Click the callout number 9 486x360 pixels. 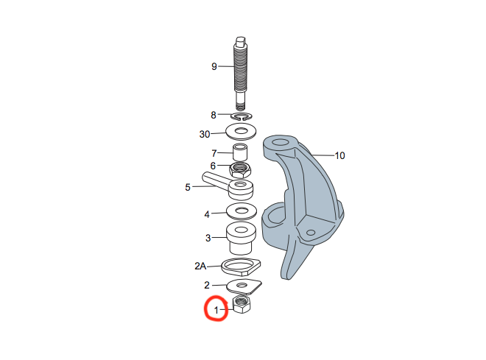click(x=214, y=66)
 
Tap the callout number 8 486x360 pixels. click(x=214, y=116)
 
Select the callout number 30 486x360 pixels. click(x=205, y=134)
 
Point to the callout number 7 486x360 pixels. click(x=214, y=153)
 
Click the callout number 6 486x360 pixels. click(x=213, y=166)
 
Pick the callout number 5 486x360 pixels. click(x=188, y=188)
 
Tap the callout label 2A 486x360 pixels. click(x=200, y=266)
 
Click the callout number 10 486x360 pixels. click(x=340, y=155)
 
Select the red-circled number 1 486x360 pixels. click(x=216, y=310)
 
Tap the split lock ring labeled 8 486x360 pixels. click(x=242, y=116)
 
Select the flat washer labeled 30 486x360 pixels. click(x=241, y=131)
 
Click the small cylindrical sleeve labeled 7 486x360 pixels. click(x=240, y=152)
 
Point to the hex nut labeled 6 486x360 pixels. click(x=240, y=170)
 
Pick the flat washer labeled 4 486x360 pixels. click(x=241, y=211)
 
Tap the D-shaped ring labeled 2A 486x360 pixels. click(x=241, y=267)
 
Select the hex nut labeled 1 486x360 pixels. click(x=242, y=305)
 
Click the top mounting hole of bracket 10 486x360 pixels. click(x=281, y=143)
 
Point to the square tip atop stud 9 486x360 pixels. click(x=241, y=40)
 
